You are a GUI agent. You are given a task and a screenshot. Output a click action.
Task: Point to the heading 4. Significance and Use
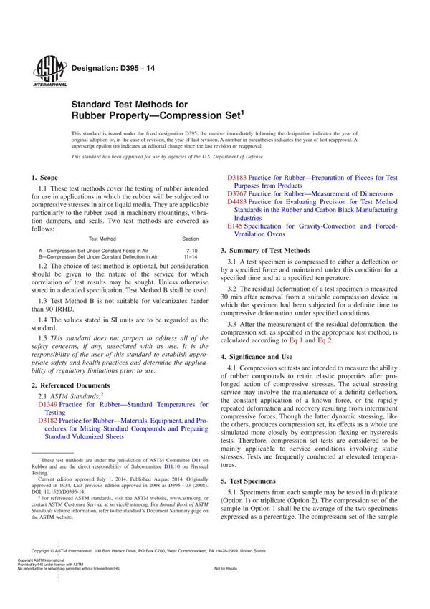pyautogui.click(x=266, y=356)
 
